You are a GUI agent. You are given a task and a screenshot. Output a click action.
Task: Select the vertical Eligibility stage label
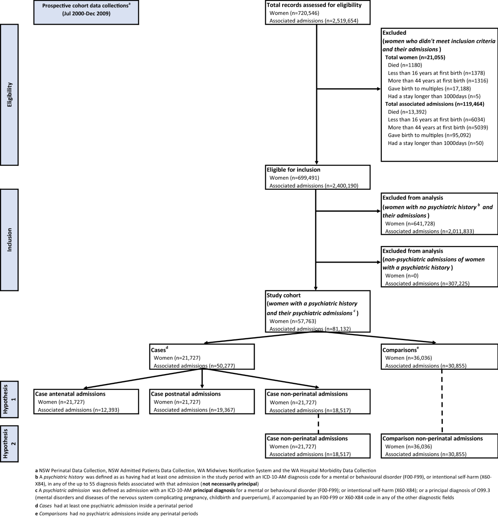click(9, 95)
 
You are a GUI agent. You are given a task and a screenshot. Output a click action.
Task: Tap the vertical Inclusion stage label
click(9, 239)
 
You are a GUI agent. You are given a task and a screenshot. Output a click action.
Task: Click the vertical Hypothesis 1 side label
click(9, 402)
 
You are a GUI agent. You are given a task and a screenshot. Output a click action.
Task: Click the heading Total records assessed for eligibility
click(314, 5)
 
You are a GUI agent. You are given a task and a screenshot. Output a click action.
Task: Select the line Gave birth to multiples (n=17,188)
click(429, 89)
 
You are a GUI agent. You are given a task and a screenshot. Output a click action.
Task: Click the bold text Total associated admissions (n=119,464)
click(435, 104)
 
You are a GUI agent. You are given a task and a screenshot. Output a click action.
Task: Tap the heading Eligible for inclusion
click(293, 170)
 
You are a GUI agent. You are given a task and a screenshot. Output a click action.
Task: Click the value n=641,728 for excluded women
click(420, 224)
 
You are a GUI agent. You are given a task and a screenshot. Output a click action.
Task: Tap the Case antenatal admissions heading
click(70, 394)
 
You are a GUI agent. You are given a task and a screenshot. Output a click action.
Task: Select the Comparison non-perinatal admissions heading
click(432, 438)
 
